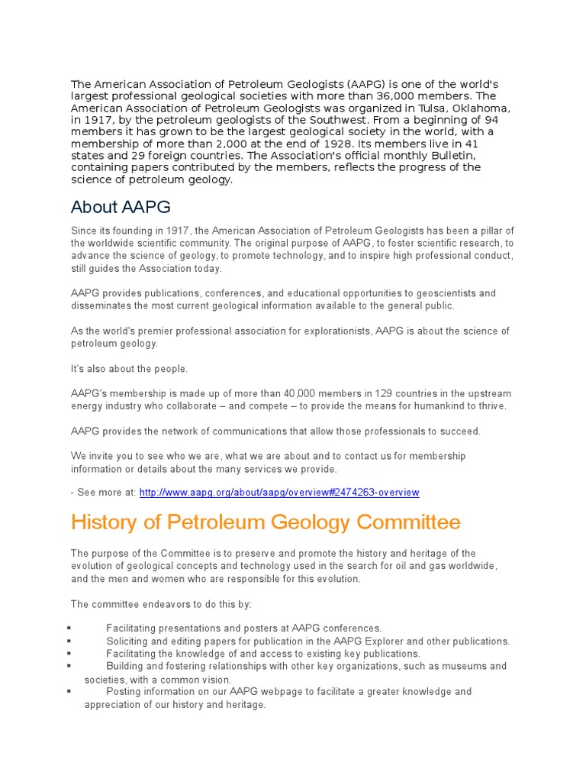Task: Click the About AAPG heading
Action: click(x=120, y=207)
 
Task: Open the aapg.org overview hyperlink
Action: click(x=279, y=493)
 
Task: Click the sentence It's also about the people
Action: click(x=129, y=369)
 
